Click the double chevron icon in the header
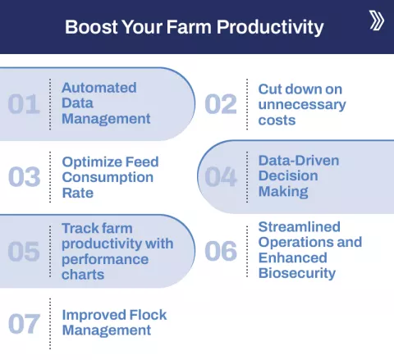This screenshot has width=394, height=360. point(376,21)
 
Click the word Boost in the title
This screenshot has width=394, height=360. point(90,27)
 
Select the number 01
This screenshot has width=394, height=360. point(24,104)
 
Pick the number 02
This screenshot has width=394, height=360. point(221,104)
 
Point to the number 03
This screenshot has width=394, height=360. point(24,177)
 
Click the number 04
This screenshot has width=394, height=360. point(221,177)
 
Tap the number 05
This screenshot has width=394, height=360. point(24,251)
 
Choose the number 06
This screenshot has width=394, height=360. point(221,251)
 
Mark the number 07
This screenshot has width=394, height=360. point(24,324)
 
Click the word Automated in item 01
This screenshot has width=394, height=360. point(99,88)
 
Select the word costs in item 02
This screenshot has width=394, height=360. point(277,121)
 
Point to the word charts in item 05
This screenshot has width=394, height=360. point(83,275)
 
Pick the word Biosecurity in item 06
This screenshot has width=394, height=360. point(297,273)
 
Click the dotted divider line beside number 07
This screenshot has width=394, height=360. point(50,323)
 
